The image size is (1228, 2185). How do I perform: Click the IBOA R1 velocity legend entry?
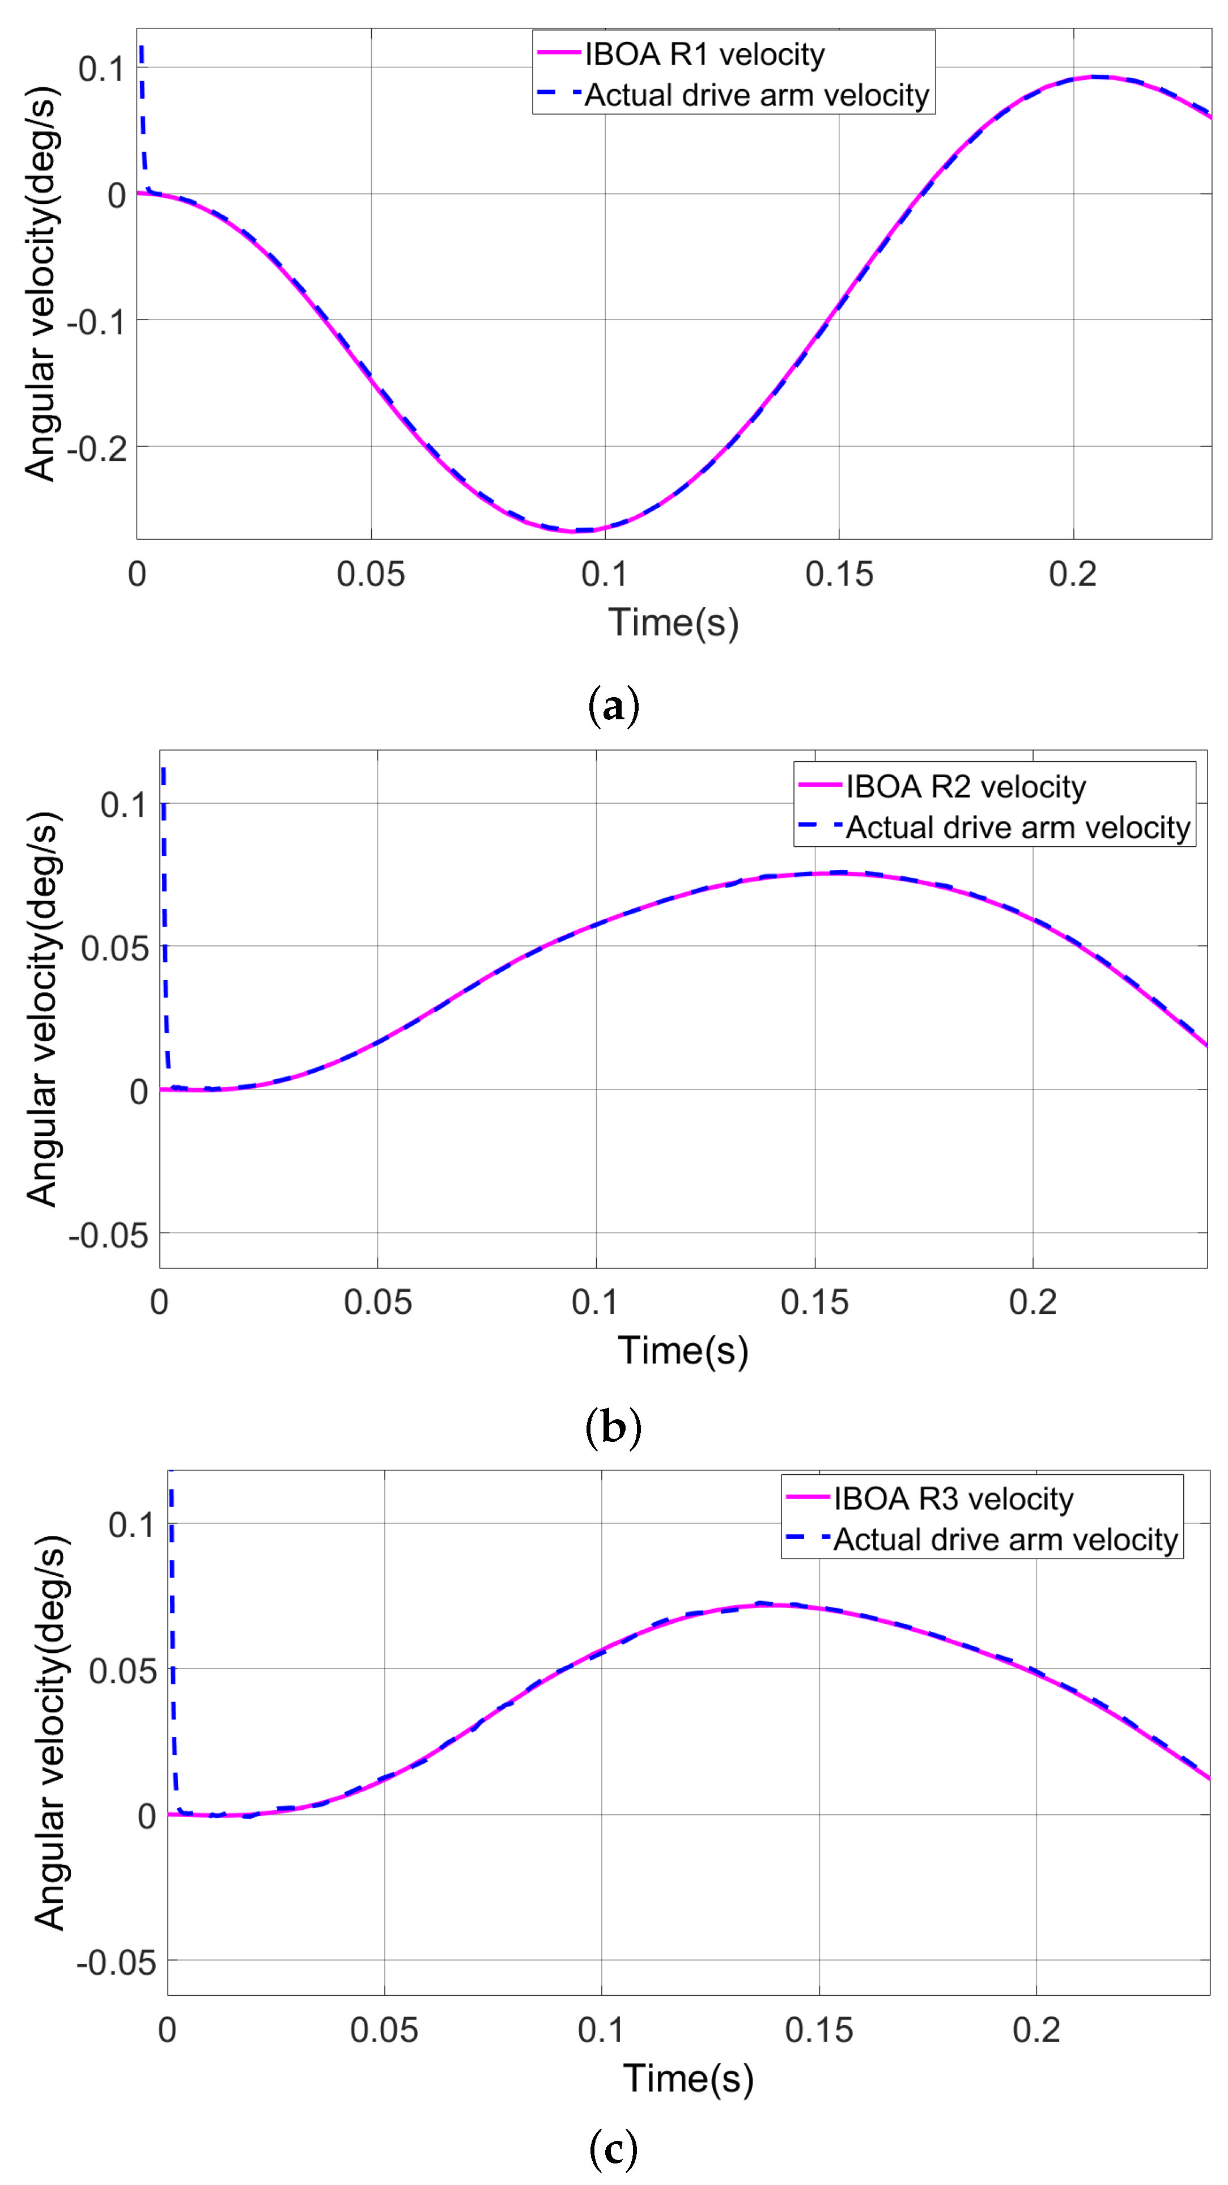703,55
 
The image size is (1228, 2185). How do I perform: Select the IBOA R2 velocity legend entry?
964,787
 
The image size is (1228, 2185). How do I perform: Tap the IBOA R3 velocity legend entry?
953,1499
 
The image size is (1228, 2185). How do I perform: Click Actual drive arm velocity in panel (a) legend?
755,95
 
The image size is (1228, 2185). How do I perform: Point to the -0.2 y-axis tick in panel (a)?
96,448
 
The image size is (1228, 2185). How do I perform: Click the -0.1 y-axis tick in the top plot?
96,321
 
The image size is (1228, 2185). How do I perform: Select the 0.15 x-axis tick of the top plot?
838,574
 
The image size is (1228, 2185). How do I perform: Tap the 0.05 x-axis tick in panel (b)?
377,1302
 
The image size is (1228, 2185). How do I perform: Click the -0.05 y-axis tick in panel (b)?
107,1236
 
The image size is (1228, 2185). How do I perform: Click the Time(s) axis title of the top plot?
673,622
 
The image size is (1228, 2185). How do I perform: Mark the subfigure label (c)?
613,2149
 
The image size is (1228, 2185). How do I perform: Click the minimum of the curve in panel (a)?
573,531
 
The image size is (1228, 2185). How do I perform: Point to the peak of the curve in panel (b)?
835,873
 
